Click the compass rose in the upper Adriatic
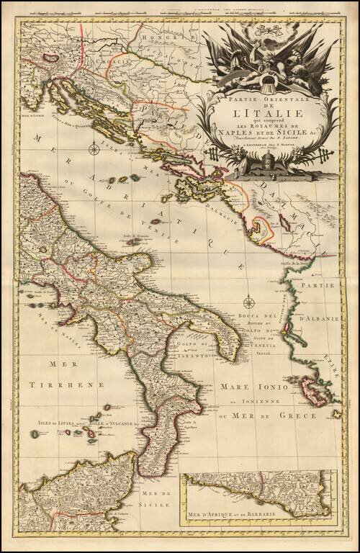tap(94, 150)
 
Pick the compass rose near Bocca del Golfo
tap(249, 302)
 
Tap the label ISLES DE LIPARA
tap(42, 424)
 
